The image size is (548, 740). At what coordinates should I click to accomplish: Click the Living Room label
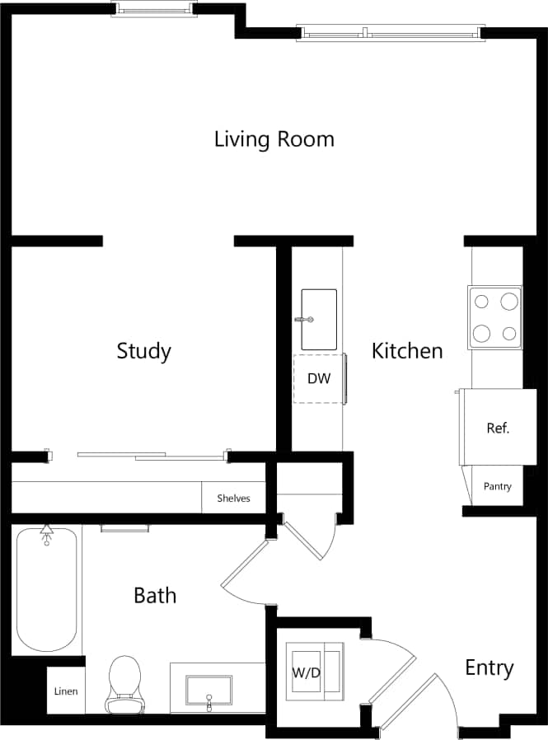274,139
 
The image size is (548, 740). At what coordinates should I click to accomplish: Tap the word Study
143,351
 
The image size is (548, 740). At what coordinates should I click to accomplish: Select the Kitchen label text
407,351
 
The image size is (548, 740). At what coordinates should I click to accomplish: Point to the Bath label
155,594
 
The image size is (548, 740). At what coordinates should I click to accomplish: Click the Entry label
489,667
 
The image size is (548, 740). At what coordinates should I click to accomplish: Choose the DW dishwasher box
319,379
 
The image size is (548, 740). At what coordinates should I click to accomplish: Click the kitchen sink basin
319,319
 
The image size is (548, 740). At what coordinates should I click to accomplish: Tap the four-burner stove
495,317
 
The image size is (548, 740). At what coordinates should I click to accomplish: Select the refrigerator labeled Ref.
493,428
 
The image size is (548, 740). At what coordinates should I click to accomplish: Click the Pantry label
497,486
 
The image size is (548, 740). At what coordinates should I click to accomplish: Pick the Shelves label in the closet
233,498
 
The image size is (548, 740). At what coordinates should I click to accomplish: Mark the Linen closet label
66,691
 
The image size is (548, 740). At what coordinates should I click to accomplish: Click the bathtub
47,589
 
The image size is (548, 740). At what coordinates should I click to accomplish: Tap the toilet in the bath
124,682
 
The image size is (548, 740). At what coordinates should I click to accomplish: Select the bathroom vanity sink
208,690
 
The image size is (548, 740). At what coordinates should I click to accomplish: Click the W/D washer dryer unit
312,672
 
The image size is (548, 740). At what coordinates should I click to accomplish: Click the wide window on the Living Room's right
388,34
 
